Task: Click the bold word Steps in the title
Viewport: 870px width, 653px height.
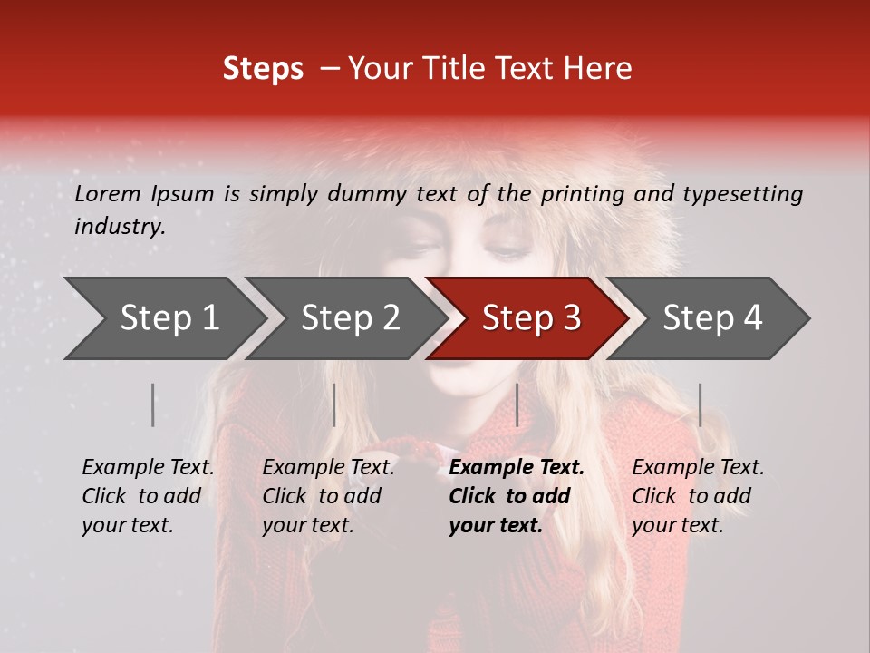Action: point(263,69)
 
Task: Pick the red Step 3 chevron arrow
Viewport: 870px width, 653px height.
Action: point(530,318)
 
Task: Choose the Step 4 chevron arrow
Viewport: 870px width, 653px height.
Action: point(711,318)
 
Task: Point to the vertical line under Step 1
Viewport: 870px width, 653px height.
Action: point(153,404)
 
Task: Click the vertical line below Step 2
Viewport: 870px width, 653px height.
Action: point(334,404)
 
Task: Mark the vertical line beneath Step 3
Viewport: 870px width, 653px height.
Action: point(517,404)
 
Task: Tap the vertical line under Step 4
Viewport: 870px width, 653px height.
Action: point(700,404)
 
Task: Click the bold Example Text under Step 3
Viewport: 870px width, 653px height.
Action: point(517,496)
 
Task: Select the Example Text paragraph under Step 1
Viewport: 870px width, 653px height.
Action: point(148,496)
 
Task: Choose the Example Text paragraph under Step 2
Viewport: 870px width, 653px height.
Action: point(328,496)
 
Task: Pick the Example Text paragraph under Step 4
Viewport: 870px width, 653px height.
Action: point(698,496)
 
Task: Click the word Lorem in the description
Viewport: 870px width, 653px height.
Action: point(108,194)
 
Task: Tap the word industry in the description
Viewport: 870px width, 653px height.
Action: point(119,227)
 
